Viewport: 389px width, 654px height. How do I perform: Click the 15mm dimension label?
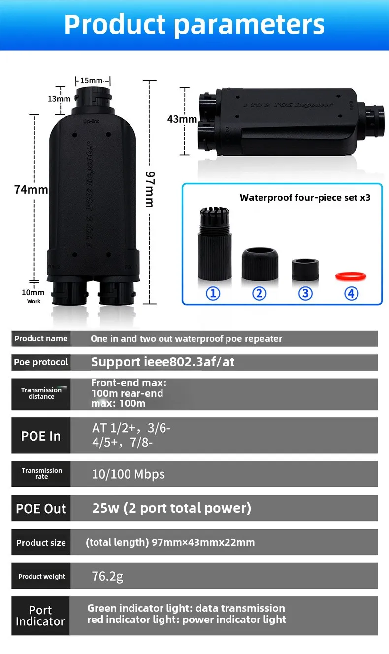tap(92, 80)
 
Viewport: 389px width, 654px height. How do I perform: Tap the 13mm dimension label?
tap(59, 99)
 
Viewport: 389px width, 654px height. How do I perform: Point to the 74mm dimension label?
tap(31, 189)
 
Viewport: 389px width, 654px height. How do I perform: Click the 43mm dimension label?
tap(182, 119)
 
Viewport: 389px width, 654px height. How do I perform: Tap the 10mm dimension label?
tap(32, 292)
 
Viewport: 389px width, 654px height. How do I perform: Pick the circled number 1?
tap(213, 294)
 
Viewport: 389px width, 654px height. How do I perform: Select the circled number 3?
tap(305, 294)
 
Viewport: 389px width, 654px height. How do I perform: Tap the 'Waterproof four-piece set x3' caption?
tap(305, 198)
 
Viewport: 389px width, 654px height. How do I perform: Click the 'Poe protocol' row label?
tap(41, 362)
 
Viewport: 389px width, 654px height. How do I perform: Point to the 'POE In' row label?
tap(41, 436)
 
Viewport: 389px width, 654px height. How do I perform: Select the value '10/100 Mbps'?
tap(128, 474)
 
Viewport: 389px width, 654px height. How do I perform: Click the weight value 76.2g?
tap(107, 576)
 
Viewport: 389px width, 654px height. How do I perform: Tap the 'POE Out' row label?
tap(41, 509)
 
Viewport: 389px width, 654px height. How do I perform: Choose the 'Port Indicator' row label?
tap(40, 616)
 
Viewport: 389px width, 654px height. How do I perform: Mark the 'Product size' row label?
tap(41, 543)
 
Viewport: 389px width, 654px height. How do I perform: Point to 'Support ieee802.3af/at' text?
tap(162, 362)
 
